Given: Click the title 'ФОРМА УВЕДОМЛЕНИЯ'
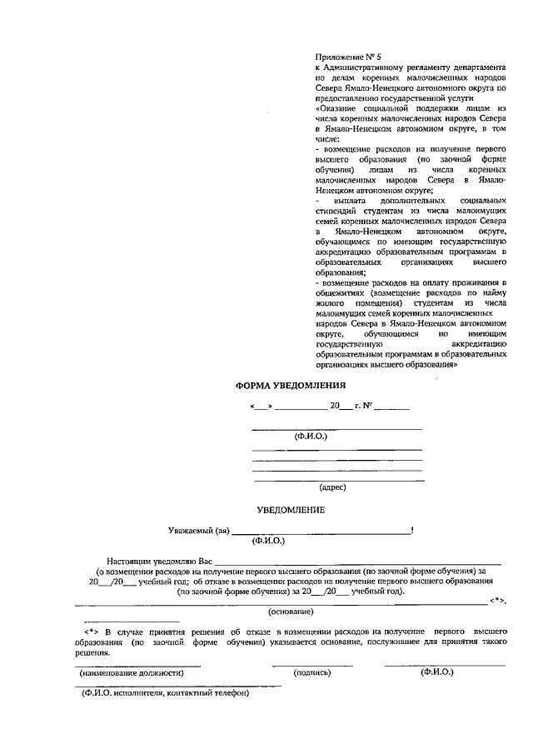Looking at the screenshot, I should coord(289,387).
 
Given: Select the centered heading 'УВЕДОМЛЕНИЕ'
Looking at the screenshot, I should coord(290,509).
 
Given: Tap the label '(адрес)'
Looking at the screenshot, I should coord(332,487).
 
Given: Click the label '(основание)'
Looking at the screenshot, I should coord(291,612).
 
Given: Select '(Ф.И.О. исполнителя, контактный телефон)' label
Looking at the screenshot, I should coord(166,692).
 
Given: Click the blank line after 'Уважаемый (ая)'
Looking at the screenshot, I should coord(321,532).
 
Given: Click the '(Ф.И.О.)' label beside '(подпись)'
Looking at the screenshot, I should coord(438,671).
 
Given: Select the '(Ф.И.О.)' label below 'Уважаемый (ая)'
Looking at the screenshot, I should coord(269,541).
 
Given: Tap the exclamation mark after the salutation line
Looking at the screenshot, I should coord(412,530).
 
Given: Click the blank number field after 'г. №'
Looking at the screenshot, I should coord(391,407).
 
